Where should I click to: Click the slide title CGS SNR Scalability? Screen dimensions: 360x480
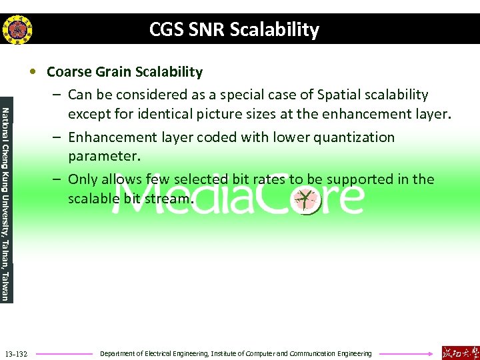[234, 30]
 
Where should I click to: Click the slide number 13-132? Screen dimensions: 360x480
[15, 353]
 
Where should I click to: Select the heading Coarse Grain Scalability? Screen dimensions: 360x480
[125, 71]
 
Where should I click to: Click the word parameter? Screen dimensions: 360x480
[102, 157]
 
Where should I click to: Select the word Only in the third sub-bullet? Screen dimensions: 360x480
[83, 179]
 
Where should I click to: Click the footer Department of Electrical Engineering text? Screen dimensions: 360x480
[235, 353]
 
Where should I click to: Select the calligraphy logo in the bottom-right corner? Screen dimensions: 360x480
[459, 353]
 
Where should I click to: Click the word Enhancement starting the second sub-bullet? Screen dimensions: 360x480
[113, 137]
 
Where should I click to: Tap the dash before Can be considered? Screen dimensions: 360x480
[58, 95]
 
